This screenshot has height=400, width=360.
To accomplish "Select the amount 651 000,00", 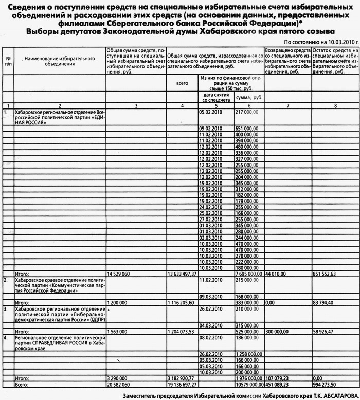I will click(246, 128).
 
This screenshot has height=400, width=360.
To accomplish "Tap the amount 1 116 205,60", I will click(182, 303).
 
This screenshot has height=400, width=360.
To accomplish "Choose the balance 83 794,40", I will click(322, 303).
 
